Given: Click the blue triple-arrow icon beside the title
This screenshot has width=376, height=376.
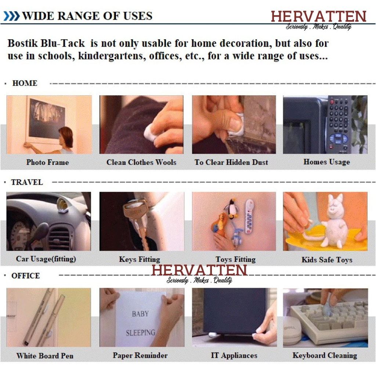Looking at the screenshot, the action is click(x=11, y=16).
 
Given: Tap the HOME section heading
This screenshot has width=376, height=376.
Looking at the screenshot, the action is click(x=25, y=83).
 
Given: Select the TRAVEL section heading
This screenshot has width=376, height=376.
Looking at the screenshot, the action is click(x=27, y=182).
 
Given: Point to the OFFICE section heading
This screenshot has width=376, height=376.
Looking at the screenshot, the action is click(x=25, y=275).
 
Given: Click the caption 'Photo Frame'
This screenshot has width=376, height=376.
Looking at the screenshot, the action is click(x=47, y=162).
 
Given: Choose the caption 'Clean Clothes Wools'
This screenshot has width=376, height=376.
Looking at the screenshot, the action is click(x=141, y=162).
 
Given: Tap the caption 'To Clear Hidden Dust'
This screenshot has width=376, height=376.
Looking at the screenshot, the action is click(x=231, y=162).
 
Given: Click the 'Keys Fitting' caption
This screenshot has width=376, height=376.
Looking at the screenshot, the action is click(x=140, y=259).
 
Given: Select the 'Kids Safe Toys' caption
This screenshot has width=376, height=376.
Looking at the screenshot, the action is click(x=327, y=260).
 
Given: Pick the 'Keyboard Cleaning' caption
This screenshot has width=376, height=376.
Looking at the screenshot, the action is click(x=325, y=355).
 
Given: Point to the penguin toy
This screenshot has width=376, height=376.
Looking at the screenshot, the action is click(x=232, y=209).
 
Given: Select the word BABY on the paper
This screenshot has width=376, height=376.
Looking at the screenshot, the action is click(x=140, y=314).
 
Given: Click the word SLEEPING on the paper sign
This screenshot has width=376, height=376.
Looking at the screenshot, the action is click(x=141, y=333).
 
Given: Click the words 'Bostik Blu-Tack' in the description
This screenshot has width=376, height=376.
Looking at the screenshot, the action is click(x=46, y=43).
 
